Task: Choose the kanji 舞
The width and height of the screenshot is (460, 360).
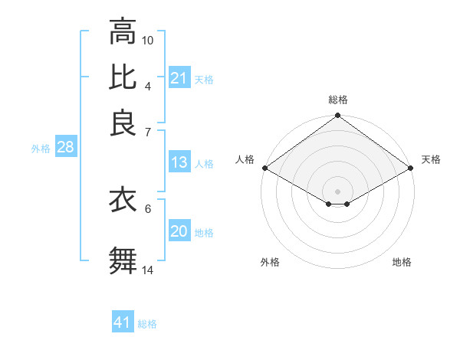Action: pos(123,260)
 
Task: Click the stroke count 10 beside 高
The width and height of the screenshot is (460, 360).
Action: pos(148,40)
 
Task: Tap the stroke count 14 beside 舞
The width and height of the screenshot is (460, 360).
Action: pos(148,270)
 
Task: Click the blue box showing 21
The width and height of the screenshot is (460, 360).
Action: pos(179,78)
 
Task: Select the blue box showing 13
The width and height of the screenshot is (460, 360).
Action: pos(179,162)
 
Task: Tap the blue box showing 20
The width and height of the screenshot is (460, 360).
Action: pos(179,231)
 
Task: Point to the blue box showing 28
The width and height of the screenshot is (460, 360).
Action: pos(65,148)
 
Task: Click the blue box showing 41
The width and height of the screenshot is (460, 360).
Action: pos(123,322)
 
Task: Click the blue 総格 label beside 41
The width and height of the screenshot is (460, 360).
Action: pos(147,324)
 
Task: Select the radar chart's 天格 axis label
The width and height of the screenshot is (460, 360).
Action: pos(431,159)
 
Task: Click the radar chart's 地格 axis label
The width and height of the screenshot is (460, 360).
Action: pos(402,262)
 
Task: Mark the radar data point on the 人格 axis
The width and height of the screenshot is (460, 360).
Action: pos(264,168)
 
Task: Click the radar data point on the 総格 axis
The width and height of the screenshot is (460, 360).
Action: pos(337,116)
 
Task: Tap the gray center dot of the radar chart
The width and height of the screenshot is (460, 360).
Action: pos(337,190)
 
